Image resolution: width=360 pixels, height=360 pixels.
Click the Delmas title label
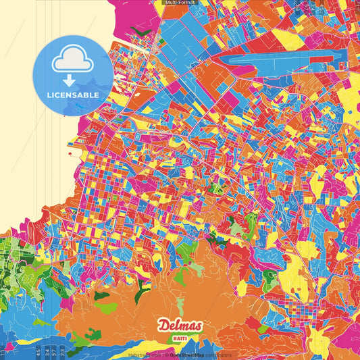[180, 326]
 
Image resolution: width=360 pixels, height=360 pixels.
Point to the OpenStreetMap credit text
[188, 355]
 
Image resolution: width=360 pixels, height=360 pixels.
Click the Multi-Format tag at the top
[179, 3]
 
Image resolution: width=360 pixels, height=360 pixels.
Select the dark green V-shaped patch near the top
[144, 31]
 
